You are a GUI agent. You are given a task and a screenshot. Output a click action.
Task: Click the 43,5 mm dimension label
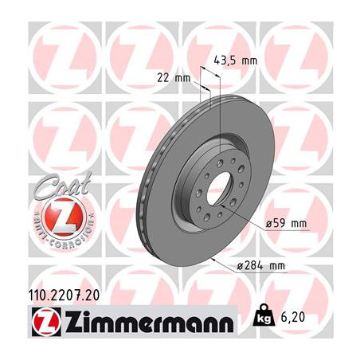(236, 61)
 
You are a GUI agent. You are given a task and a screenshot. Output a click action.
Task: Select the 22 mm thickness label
(174, 78)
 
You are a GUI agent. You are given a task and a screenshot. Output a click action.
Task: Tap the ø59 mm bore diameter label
(286, 223)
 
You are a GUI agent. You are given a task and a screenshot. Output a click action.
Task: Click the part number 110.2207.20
(64, 295)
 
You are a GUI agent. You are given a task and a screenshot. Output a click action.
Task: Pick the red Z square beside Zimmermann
(46, 322)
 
